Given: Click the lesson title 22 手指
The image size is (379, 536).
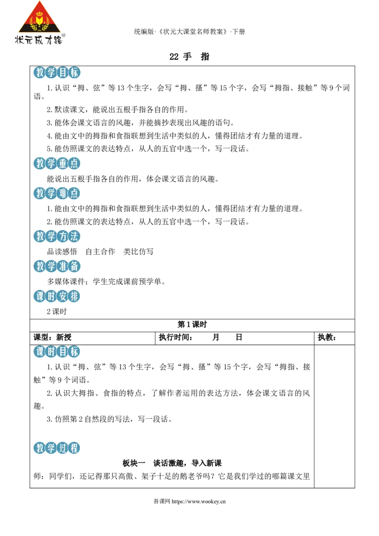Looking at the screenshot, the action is click(189, 56).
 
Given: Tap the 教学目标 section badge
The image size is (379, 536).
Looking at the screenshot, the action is click(57, 72).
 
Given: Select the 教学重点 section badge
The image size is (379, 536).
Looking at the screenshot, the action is click(57, 163).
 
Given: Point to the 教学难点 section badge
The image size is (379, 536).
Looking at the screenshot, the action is click(57, 194).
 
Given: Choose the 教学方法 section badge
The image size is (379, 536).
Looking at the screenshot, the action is click(57, 236).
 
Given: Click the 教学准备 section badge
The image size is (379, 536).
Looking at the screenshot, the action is click(57, 266).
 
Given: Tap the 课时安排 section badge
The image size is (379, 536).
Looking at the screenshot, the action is click(57, 296).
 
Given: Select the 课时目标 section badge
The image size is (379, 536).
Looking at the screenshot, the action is click(57, 351).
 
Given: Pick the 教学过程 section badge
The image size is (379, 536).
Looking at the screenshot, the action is click(57, 448).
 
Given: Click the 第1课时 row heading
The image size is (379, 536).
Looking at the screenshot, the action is click(192, 324).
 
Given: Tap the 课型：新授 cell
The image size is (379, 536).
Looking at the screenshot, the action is click(52, 338).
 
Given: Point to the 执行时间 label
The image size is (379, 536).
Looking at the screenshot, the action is click(175, 338).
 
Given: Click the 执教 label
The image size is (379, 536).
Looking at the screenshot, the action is click(327, 338).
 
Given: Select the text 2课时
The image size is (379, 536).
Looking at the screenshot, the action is click(57, 312).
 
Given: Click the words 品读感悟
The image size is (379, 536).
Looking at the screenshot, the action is click(62, 252).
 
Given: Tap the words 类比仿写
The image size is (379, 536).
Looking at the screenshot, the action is click(138, 252).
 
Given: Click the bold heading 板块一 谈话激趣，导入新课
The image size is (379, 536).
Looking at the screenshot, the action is click(172, 463).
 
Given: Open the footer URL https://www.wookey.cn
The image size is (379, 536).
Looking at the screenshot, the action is click(199, 501).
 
